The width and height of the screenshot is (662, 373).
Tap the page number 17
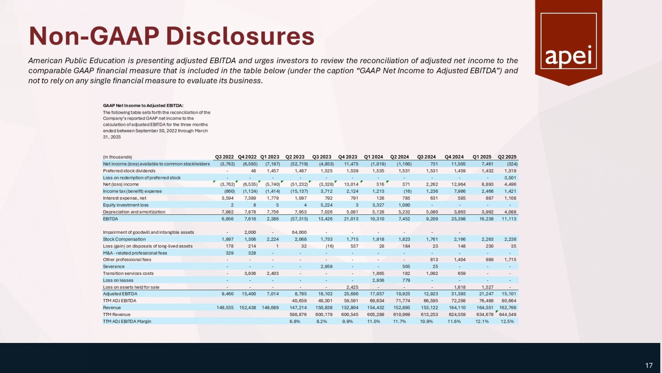(649, 365)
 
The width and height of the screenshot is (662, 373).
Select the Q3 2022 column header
(224, 157)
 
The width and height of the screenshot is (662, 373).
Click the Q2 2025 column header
(507, 157)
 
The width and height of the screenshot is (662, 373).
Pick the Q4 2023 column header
(348, 157)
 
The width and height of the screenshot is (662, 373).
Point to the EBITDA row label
(110, 219)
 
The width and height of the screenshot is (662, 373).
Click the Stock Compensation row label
(124, 239)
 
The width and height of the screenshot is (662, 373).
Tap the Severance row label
(114, 266)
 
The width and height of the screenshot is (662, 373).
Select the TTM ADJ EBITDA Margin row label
(127, 321)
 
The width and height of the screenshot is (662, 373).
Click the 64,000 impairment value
(299, 232)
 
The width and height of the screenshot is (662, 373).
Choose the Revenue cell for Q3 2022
(226, 308)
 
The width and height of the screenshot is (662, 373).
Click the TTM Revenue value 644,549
(508, 315)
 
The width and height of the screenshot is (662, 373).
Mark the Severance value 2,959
(326, 266)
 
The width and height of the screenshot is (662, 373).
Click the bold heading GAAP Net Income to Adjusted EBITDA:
(143, 106)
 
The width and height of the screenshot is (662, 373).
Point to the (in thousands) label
(117, 157)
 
